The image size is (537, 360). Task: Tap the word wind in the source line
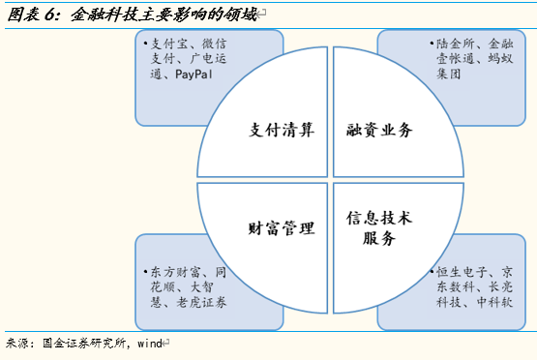(x=149, y=343)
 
